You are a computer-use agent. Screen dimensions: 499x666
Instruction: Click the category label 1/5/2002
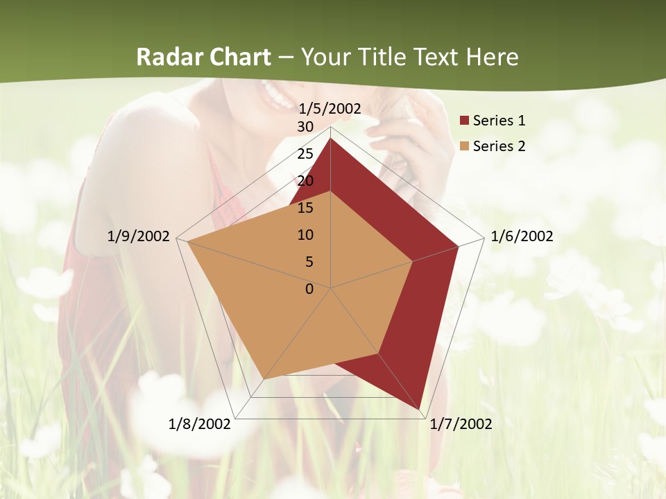click(330, 108)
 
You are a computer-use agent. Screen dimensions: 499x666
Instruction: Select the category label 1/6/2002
click(522, 236)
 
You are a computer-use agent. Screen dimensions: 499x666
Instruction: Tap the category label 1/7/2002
click(461, 424)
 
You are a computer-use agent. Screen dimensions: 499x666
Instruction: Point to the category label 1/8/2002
click(199, 424)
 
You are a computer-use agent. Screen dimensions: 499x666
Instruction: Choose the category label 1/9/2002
click(139, 236)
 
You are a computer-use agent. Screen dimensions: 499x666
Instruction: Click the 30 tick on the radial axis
click(305, 127)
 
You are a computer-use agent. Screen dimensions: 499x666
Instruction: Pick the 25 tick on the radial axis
click(305, 154)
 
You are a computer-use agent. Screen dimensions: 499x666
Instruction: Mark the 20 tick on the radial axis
click(305, 181)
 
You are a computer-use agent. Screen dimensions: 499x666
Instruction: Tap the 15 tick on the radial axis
click(305, 208)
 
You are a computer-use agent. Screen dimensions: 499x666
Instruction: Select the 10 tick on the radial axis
click(305, 235)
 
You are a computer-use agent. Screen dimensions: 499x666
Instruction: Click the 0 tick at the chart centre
click(309, 289)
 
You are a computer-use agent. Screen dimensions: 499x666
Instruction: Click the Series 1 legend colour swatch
click(464, 121)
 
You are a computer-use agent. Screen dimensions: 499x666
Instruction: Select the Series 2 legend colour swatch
click(464, 146)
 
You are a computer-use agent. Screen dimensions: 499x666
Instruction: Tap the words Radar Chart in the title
click(203, 57)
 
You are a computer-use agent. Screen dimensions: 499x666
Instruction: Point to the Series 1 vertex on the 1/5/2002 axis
click(330, 138)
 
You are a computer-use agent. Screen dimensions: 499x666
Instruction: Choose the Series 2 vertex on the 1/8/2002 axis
click(264, 379)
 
